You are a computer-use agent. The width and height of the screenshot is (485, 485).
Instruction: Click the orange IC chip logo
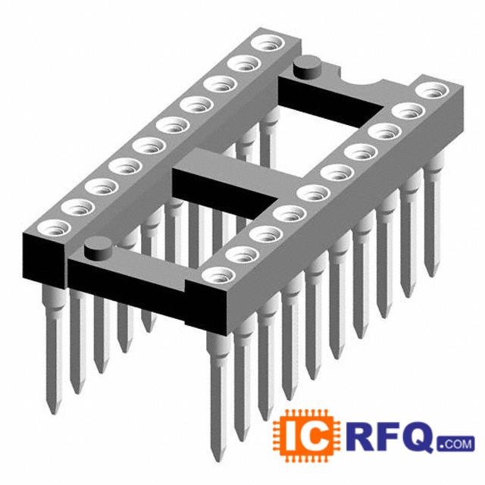[306, 435]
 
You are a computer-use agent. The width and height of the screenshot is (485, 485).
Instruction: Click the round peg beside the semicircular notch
[306, 67]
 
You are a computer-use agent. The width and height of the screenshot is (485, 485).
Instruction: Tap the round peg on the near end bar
[99, 248]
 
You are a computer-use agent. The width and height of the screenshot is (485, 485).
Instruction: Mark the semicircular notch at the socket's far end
[361, 80]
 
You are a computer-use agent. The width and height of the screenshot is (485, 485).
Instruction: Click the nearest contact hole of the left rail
[54, 227]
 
